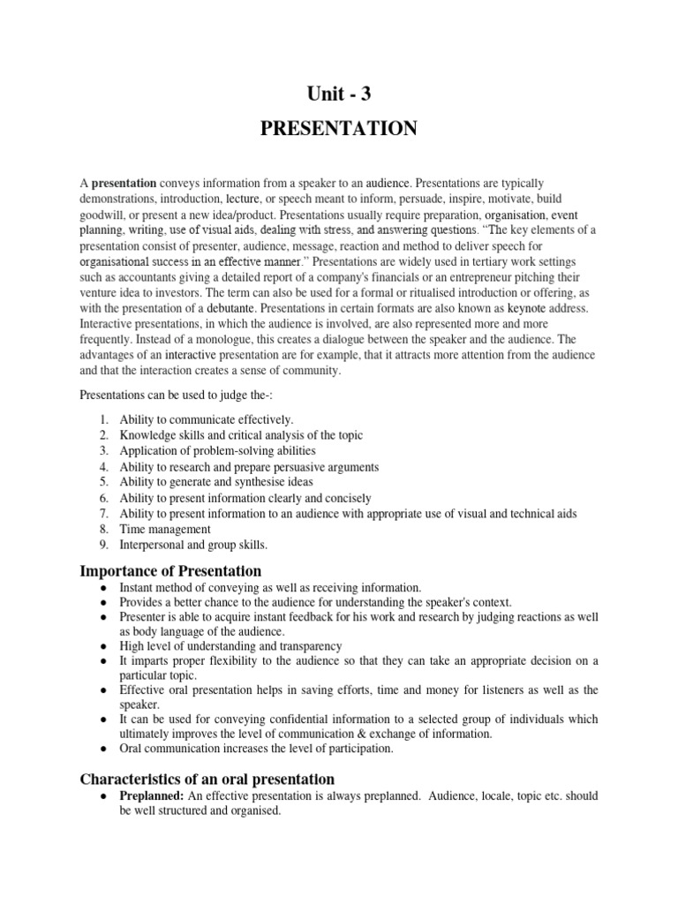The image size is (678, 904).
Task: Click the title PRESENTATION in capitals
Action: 338,130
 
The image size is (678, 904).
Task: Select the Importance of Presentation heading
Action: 170,570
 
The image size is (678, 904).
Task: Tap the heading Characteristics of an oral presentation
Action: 207,779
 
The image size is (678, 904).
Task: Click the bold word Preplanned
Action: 152,796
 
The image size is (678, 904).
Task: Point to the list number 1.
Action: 103,419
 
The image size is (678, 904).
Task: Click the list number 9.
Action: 103,546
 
